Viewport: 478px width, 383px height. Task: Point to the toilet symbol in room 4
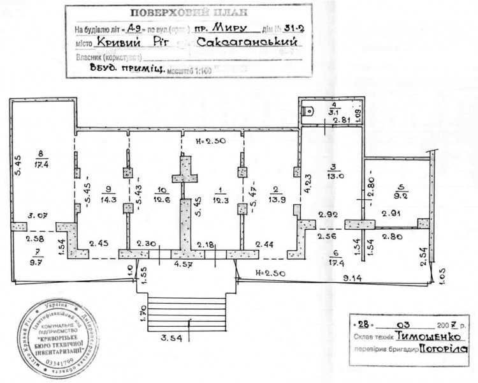[309, 109]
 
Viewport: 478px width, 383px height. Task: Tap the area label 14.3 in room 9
[107, 199]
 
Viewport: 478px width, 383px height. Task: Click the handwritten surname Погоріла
[444, 349]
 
